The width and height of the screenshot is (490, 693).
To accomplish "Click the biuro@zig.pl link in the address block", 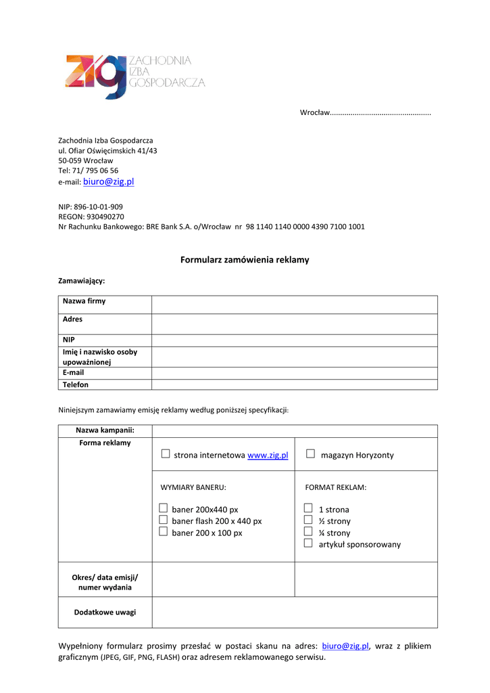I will pos(108,182).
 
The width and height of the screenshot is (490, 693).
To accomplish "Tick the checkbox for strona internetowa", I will pos(166,455).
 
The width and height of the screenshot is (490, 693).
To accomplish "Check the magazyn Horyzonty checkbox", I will pos(310,454).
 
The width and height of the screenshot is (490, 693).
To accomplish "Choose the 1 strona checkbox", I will pos(308,508).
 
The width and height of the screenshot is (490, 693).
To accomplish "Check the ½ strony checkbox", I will pos(308,520).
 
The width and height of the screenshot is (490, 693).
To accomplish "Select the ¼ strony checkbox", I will pos(308,532).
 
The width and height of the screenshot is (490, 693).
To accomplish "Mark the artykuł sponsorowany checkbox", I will pos(308,543).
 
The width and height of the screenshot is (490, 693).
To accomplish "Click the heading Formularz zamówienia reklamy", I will pos(245,260).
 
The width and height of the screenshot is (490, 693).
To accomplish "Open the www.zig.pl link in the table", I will pos(268,455).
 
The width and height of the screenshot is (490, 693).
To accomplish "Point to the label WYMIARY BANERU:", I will pos(193,487).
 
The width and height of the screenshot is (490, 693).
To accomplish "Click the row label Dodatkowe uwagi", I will pos(105,612).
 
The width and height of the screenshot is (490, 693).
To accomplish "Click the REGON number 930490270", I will pos(105,217).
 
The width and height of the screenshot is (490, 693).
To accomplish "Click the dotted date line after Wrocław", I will pos(381,112).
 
